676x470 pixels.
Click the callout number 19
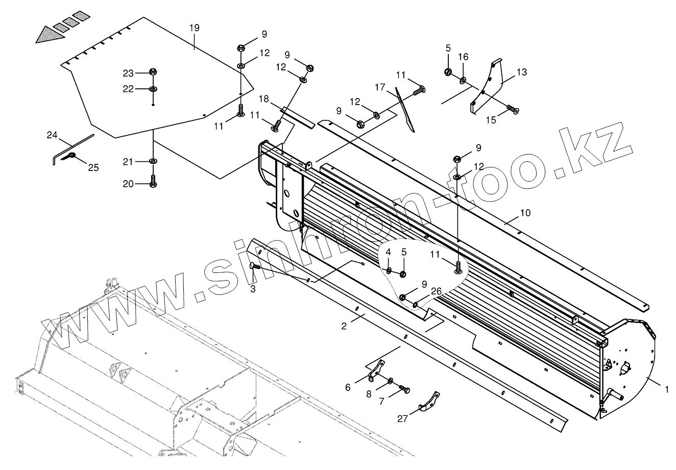(194, 28)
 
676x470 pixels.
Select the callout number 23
(128, 72)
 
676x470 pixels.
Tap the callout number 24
(52, 135)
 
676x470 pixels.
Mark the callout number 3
(253, 289)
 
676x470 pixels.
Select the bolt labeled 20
(153, 182)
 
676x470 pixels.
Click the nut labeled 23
(153, 72)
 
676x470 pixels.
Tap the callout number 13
(521, 72)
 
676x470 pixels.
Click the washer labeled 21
(153, 162)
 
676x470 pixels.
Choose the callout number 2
(344, 325)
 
